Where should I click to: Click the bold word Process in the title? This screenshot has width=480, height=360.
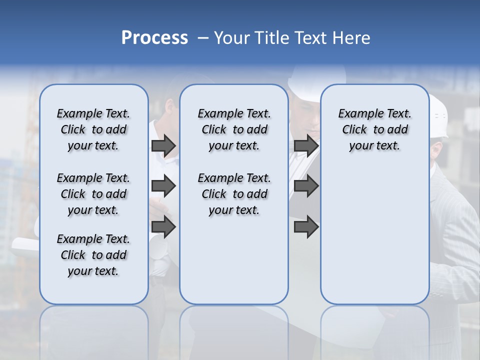tap(154, 38)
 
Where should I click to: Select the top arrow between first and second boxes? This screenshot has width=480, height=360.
tap(163, 145)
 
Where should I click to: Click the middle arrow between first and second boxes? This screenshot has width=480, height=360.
tap(163, 186)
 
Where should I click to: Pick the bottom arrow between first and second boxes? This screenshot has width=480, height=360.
tap(163, 227)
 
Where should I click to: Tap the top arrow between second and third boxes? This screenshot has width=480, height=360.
tap(306, 145)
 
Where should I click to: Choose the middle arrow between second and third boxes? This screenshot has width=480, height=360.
tap(306, 186)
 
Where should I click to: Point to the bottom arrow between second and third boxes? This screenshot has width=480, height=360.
tap(306, 227)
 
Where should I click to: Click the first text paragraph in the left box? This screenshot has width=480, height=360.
tap(93, 129)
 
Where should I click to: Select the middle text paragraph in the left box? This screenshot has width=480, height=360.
tap(93, 194)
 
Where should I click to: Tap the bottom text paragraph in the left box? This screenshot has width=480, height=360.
tap(93, 255)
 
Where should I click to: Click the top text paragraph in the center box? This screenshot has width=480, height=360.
tap(234, 129)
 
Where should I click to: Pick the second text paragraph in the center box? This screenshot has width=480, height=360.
tap(234, 194)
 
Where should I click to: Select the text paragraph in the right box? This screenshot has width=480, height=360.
tap(375, 129)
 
